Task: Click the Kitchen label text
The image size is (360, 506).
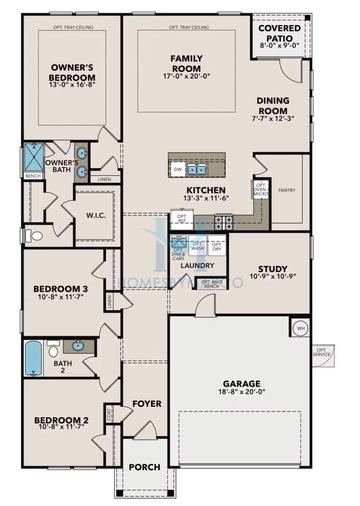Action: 204,189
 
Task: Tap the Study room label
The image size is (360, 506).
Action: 273,268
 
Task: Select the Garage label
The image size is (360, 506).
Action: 244,383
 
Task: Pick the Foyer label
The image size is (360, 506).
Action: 147,404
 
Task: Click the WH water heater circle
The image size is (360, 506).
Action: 299,328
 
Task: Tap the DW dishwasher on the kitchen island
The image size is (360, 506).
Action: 178,170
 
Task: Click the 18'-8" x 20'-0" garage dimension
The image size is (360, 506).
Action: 244,395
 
